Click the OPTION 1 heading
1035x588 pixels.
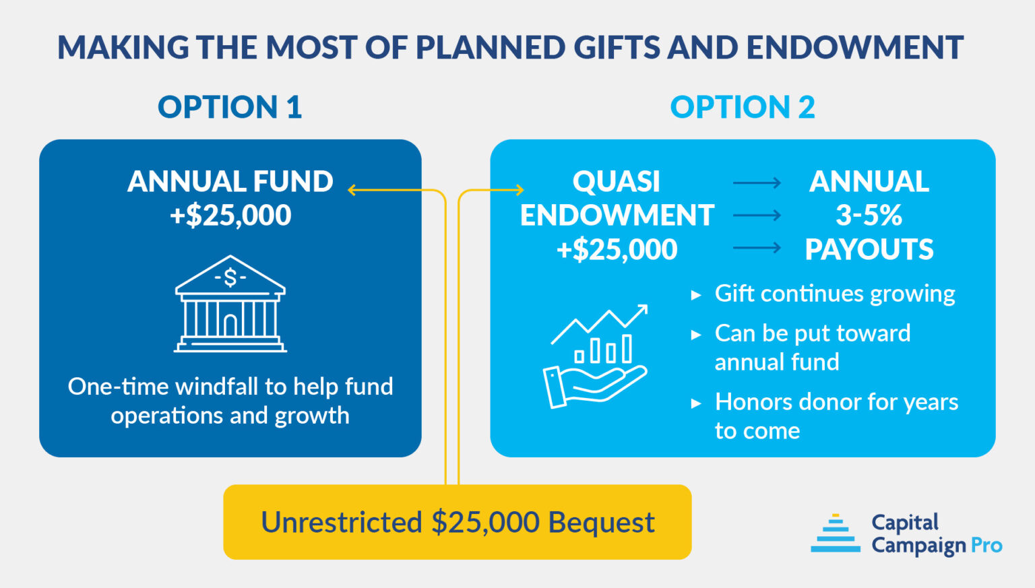pos(229,107)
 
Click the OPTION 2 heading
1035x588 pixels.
pos(742,107)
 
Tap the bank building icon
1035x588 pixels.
pos(230,304)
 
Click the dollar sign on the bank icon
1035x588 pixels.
pos(230,277)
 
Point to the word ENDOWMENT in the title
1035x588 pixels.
pos(854,48)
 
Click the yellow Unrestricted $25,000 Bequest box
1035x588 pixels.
pos(457,522)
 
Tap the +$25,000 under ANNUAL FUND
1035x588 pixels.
pos(230,216)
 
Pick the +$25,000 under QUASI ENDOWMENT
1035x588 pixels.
pos(617,250)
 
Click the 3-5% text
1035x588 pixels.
pos(869,216)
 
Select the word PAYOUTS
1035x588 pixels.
pos(869,250)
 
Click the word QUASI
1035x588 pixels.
pos(616,182)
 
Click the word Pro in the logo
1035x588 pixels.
pos(986,545)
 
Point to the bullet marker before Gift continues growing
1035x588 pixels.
pos(696,295)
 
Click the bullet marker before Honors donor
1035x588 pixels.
pos(696,403)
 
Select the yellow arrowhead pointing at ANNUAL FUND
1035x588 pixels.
pos(352,191)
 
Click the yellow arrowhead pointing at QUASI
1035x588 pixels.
pos(520,191)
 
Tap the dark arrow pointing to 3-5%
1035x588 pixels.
pos(757,216)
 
